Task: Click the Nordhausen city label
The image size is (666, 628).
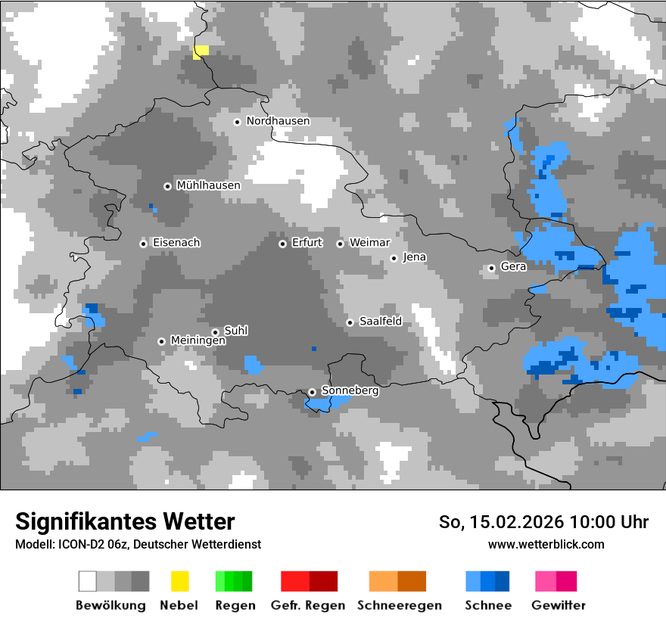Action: click(278, 121)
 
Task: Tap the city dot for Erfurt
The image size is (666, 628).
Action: click(282, 244)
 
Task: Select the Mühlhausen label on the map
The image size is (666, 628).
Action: click(208, 185)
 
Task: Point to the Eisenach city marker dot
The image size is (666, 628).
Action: click(143, 244)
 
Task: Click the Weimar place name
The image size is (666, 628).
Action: click(369, 243)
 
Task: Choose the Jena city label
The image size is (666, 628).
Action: click(414, 257)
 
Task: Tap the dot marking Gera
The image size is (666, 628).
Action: click(491, 268)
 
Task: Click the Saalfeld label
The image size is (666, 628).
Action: click(380, 322)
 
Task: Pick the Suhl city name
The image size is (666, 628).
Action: click(236, 331)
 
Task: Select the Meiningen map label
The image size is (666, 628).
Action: click(198, 341)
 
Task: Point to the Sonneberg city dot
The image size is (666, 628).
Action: click(312, 392)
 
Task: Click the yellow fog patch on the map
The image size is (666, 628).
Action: click(201, 51)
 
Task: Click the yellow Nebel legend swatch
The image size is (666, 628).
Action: click(179, 581)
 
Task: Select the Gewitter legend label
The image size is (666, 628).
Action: click(559, 605)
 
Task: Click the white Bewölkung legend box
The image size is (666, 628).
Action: click(88, 581)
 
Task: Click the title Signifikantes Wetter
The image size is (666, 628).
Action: click(125, 522)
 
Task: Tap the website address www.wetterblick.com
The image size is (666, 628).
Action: click(546, 544)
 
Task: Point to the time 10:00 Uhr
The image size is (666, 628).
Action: click(609, 522)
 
